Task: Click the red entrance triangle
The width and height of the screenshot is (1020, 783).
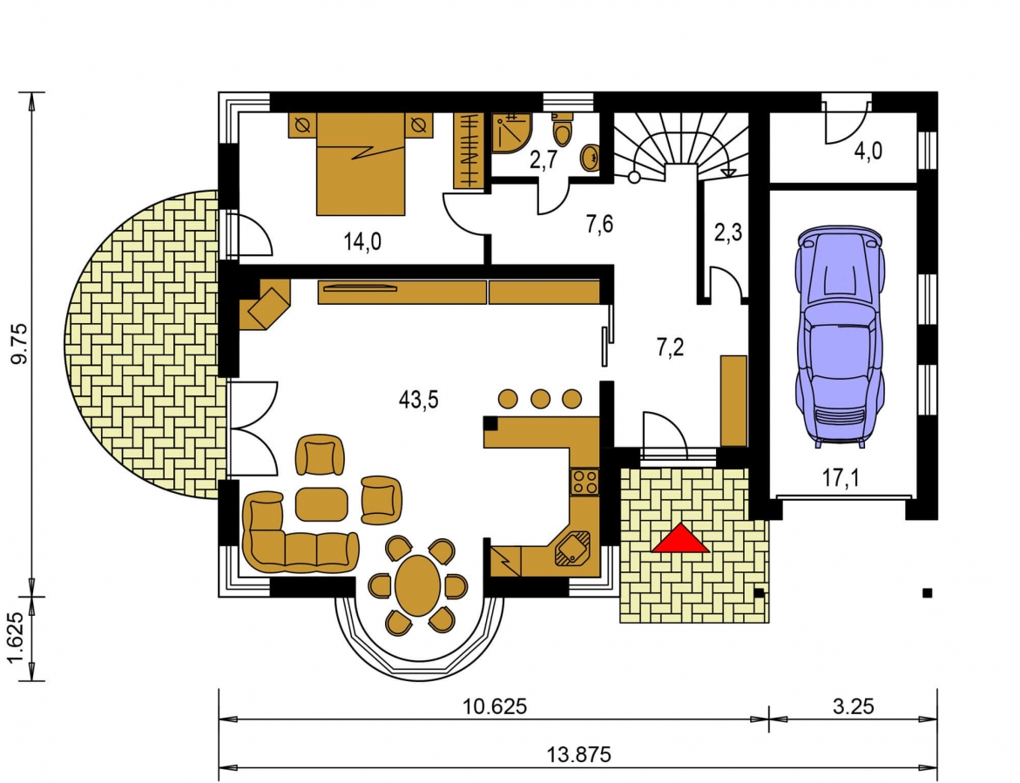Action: pos(680,539)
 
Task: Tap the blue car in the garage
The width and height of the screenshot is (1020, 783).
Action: pos(839,337)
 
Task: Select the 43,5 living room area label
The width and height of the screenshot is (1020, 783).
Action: pos(418,400)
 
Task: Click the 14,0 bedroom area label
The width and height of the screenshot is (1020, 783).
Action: pos(362,242)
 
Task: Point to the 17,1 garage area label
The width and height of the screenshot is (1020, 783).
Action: pos(841,478)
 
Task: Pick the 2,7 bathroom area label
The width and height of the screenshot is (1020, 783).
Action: pos(544,160)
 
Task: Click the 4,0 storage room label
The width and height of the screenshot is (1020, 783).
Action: pos(868,152)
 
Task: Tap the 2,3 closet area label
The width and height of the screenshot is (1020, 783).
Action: pos(728,233)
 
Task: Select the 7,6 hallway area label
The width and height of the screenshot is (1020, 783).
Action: pos(599,225)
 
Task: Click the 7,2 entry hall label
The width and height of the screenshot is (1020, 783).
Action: pos(670,348)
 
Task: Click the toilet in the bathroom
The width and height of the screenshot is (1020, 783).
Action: pos(562,130)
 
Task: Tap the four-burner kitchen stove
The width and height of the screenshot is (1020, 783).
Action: pos(584,482)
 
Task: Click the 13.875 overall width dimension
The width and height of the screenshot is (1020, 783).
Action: pos(578,754)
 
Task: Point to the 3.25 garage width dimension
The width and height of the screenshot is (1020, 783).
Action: pos(853,706)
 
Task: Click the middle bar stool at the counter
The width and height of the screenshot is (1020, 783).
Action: pos(540,398)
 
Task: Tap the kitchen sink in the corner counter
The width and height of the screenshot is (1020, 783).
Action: pos(571,548)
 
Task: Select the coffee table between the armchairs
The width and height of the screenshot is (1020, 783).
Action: pos(321,504)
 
